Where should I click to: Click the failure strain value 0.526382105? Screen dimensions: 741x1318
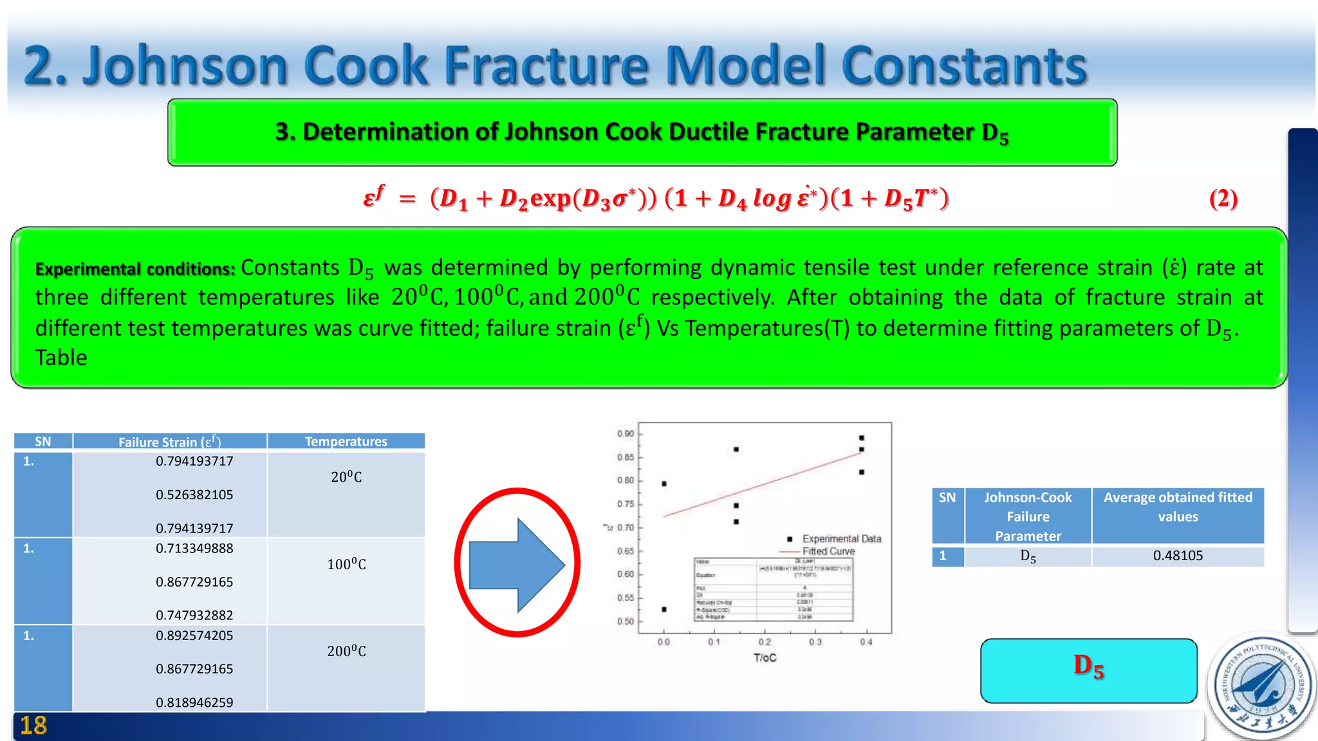pyautogui.click(x=194, y=495)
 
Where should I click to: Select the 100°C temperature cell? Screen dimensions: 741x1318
pyautogui.click(x=346, y=565)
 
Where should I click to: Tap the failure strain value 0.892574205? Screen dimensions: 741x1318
pyautogui.click(x=194, y=636)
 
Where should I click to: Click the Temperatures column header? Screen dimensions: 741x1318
pyautogui.click(x=346, y=441)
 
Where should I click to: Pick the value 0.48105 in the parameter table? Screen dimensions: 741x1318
pyautogui.click(x=1178, y=556)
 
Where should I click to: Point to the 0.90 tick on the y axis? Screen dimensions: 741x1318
pyautogui.click(x=626, y=434)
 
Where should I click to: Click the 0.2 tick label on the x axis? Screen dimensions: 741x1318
pyautogui.click(x=765, y=642)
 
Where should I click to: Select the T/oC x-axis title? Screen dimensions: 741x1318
pyautogui.click(x=765, y=658)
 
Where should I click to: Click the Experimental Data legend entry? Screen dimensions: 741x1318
pyautogui.click(x=841, y=539)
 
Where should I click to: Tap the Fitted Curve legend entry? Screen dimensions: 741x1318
pyautogui.click(x=828, y=552)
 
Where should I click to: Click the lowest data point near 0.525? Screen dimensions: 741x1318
pyautogui.click(x=664, y=609)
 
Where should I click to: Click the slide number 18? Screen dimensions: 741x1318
pyautogui.click(x=33, y=726)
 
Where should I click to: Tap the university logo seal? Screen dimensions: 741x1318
pyautogui.click(x=1261, y=686)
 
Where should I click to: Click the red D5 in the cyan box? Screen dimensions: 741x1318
pyautogui.click(x=1088, y=666)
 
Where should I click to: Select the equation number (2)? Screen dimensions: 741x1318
pyautogui.click(x=1223, y=199)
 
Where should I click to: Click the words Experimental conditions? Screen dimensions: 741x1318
pyautogui.click(x=135, y=269)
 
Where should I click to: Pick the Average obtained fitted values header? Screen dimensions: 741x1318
pyautogui.click(x=1178, y=507)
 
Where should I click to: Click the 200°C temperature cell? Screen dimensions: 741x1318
pyautogui.click(x=346, y=652)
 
